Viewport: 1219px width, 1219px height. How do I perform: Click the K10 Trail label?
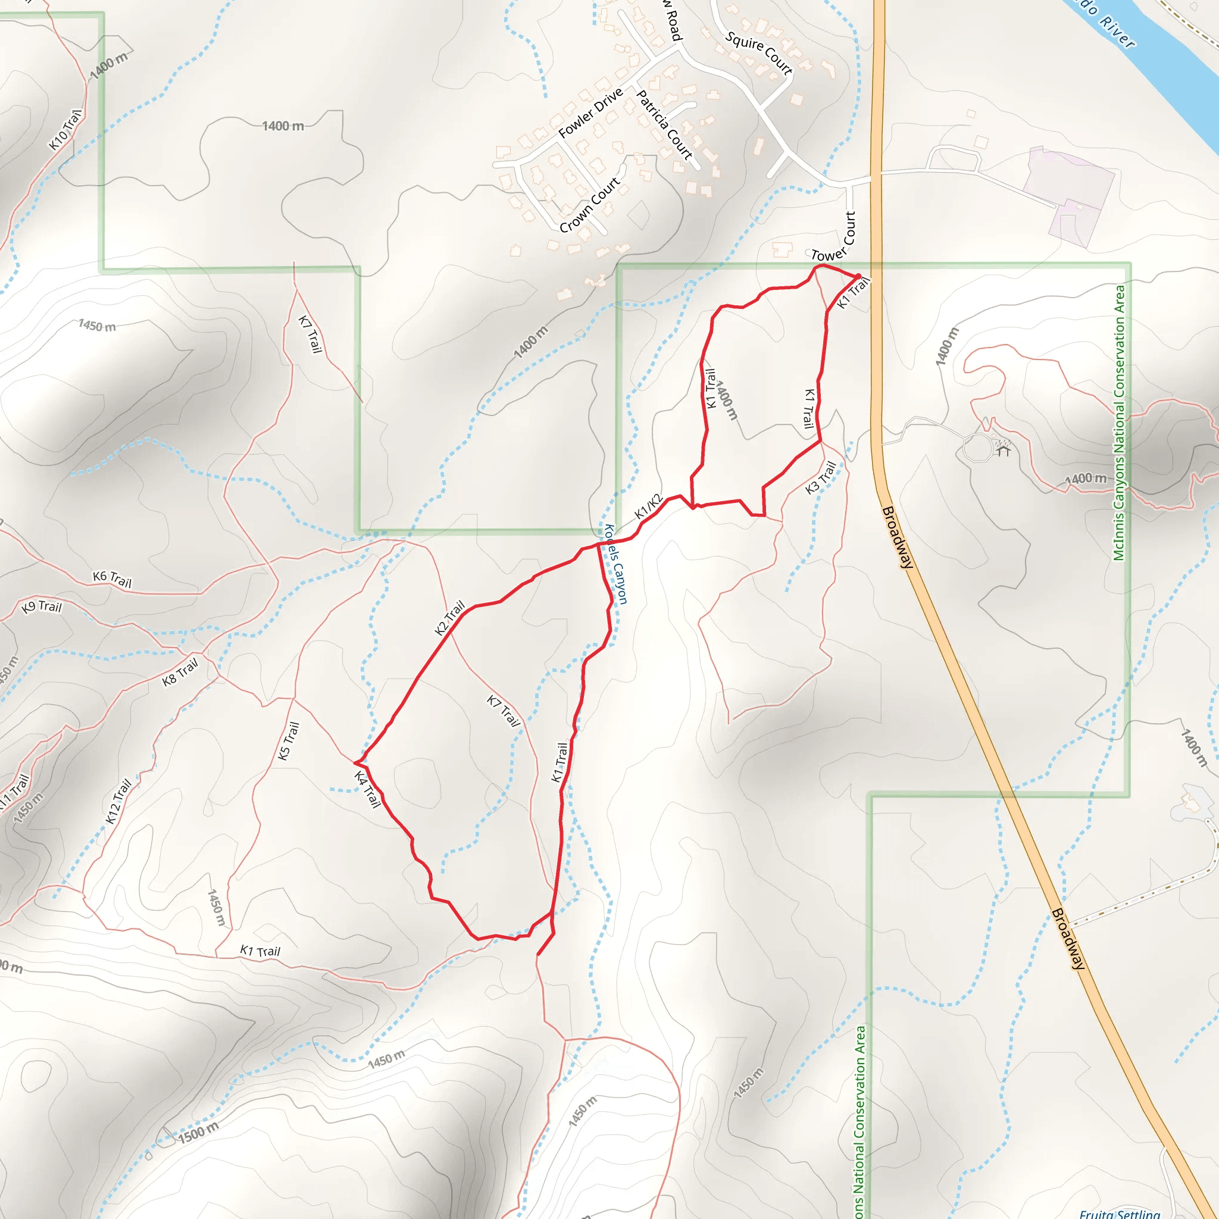65,130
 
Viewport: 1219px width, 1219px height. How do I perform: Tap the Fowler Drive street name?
590,113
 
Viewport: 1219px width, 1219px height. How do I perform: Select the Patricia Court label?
664,125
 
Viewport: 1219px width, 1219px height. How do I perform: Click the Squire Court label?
758,53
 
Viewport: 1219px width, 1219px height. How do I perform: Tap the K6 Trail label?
112,579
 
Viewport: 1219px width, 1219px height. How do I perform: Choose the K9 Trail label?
42,607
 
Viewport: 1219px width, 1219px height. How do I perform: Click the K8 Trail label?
180,671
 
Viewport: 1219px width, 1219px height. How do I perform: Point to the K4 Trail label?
367,789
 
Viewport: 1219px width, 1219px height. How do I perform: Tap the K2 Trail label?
449,618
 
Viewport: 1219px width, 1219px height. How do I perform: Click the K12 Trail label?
118,801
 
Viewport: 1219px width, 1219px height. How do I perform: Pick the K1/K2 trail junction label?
649,507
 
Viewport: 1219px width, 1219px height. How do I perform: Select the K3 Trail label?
821,477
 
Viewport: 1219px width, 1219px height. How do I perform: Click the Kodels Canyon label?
616,564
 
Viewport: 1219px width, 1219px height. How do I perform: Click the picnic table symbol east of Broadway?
1003,449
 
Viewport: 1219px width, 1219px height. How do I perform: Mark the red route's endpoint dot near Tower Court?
858,276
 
